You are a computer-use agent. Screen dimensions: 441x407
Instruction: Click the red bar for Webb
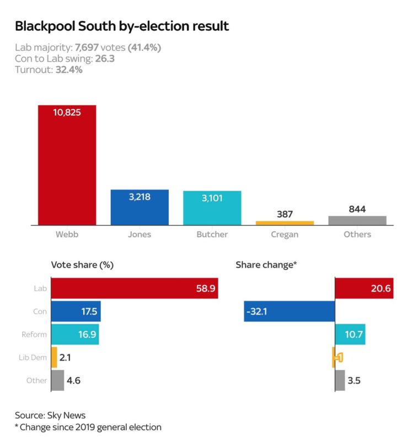click(x=67, y=165)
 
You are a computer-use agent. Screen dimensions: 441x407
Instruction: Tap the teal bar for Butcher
click(x=212, y=208)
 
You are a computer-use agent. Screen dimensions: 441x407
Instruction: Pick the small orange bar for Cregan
click(x=285, y=223)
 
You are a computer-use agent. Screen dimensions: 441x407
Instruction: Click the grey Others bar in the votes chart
click(x=357, y=220)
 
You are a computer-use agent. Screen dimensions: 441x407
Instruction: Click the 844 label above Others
click(x=357, y=209)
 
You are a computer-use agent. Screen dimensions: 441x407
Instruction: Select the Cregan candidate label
click(x=285, y=234)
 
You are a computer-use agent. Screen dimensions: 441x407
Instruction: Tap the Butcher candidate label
click(x=212, y=234)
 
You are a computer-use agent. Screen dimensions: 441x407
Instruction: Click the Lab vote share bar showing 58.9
click(x=134, y=288)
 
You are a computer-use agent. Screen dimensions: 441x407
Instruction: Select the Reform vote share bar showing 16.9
click(x=74, y=334)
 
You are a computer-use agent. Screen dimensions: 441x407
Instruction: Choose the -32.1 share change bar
click(x=290, y=311)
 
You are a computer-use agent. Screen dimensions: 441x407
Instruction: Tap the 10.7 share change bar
click(x=350, y=334)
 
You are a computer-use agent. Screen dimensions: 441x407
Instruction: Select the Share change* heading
click(x=266, y=265)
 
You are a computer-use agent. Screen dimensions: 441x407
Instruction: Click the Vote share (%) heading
click(x=82, y=265)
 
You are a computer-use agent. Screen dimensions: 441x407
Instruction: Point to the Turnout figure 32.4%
click(x=69, y=70)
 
